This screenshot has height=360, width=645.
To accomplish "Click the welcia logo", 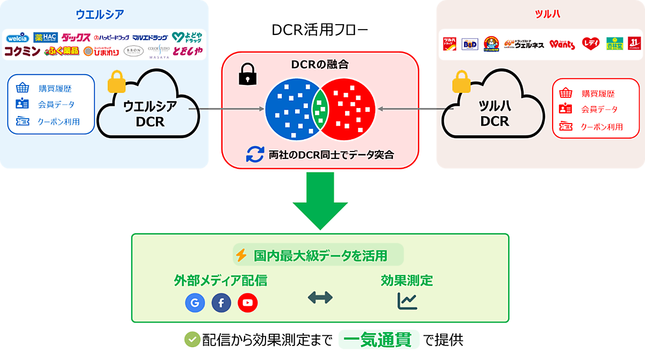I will tap(18, 38).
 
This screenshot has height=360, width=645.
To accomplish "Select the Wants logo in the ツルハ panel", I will tap(562, 44).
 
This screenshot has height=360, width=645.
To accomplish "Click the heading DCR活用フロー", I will tap(320, 31).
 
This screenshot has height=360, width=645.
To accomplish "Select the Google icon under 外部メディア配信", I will tap(195, 303).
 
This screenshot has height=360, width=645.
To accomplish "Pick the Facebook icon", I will tap(221, 303).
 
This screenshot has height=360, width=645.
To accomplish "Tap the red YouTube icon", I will tap(247, 303).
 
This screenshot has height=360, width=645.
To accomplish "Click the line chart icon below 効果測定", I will tap(407, 301).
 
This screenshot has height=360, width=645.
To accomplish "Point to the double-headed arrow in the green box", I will tap(320, 298).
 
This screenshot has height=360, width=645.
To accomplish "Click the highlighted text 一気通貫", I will tap(380, 340).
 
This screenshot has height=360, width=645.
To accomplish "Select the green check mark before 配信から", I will tap(192, 339).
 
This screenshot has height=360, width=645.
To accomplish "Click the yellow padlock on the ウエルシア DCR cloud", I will tap(116, 83).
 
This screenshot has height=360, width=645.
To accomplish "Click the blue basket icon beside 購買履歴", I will tap(22, 88).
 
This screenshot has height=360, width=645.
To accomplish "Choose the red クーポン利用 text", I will tap(601, 127).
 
